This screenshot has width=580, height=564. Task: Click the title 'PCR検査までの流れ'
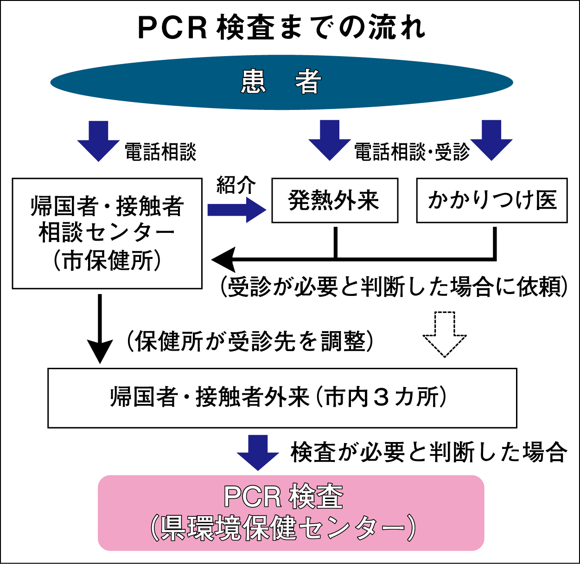(281, 28)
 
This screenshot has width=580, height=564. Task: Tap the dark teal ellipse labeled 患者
(281, 83)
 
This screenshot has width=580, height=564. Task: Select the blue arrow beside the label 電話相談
(98, 141)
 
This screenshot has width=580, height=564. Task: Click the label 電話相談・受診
(412, 152)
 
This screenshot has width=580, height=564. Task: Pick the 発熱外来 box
(335, 200)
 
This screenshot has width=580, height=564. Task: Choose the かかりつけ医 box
(492, 200)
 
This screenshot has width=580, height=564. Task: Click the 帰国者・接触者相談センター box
(107, 233)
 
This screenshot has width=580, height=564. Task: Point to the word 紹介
(236, 185)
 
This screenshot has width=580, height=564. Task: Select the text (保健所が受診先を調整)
(250, 342)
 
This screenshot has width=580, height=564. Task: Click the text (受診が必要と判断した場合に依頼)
(394, 287)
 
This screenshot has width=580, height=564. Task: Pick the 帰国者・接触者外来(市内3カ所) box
(282, 397)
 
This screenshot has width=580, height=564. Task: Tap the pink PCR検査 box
(291, 513)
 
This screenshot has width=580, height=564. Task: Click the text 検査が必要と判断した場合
(428, 452)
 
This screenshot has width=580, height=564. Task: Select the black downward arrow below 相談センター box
(100, 329)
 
